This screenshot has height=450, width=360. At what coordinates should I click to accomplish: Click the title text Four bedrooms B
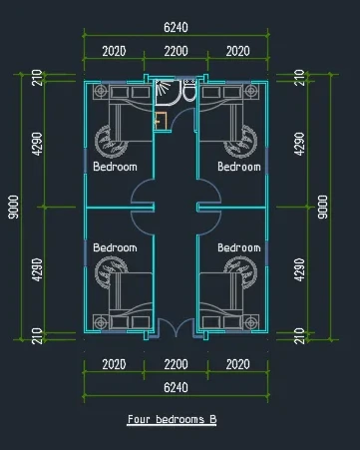[x=173, y=419]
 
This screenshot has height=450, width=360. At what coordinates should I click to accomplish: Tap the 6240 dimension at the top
[x=176, y=27]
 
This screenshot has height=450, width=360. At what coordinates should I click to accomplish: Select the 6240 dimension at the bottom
[x=176, y=387]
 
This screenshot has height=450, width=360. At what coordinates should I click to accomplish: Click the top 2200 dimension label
[x=176, y=51]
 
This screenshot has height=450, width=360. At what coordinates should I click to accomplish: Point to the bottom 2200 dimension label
[x=176, y=364]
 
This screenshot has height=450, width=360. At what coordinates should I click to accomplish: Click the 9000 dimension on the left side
[x=13, y=207]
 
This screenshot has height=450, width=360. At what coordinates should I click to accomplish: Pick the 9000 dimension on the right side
[x=322, y=207]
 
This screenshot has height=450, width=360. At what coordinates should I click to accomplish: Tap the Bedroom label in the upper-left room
[x=115, y=167]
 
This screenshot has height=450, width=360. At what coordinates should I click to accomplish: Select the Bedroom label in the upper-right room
[x=239, y=167]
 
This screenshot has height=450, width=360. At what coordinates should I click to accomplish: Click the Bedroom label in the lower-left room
[x=115, y=247]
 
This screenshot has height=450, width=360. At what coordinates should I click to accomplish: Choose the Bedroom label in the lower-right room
[x=239, y=247]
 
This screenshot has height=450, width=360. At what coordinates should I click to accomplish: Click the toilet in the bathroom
[x=189, y=91]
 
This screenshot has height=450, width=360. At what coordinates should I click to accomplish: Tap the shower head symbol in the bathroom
[x=163, y=88]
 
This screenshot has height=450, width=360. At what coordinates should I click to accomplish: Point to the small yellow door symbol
[x=161, y=121]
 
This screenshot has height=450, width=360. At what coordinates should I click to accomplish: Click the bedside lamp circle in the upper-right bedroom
[x=251, y=91]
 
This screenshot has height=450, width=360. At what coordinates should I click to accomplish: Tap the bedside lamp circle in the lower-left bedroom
[x=101, y=322]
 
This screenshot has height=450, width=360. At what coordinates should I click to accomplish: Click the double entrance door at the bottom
[x=176, y=327]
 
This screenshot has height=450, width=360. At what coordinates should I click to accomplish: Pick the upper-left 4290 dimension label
[x=38, y=144]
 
